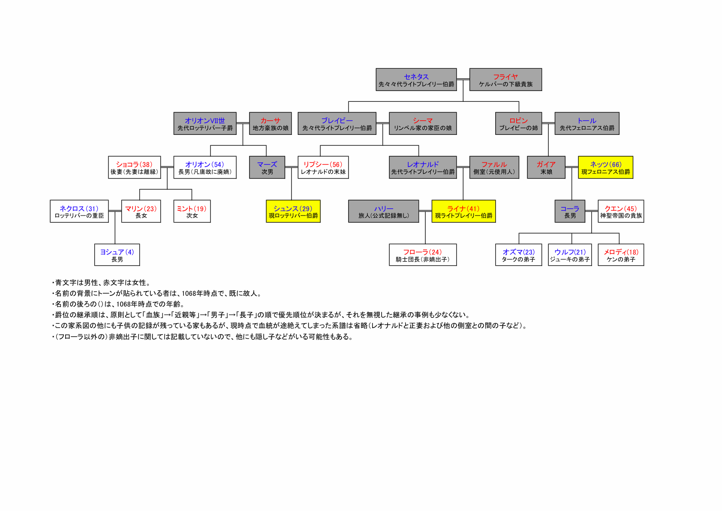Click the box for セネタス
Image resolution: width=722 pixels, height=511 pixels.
point(416,79)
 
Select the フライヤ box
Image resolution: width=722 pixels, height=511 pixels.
point(505,79)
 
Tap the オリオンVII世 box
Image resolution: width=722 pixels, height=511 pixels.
point(205,123)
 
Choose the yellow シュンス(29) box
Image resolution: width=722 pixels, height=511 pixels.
point(293,211)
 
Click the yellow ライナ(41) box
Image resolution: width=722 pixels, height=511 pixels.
point(463,211)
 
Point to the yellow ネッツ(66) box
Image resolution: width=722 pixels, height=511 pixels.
point(605,167)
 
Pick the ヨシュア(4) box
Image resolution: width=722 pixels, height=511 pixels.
point(117,255)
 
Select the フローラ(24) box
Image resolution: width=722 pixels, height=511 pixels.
point(423,255)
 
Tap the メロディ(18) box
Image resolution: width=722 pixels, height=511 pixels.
point(621,255)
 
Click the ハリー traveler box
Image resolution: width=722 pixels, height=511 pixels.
point(384,211)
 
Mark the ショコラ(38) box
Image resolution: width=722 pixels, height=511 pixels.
point(134,167)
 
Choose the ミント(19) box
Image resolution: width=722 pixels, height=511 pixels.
point(192,211)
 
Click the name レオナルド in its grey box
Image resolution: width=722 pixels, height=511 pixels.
point(423,164)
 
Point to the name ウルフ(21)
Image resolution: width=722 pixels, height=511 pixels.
point(570,252)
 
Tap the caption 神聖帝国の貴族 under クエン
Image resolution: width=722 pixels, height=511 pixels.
point(621,215)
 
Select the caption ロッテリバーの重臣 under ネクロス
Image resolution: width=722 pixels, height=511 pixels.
point(79,215)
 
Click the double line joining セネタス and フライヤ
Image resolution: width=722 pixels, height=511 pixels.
point(463,79)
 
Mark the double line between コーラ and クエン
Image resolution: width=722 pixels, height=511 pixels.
point(592,211)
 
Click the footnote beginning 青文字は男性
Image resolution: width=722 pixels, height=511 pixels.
point(102,283)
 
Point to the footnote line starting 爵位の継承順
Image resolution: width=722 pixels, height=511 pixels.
point(261,315)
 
